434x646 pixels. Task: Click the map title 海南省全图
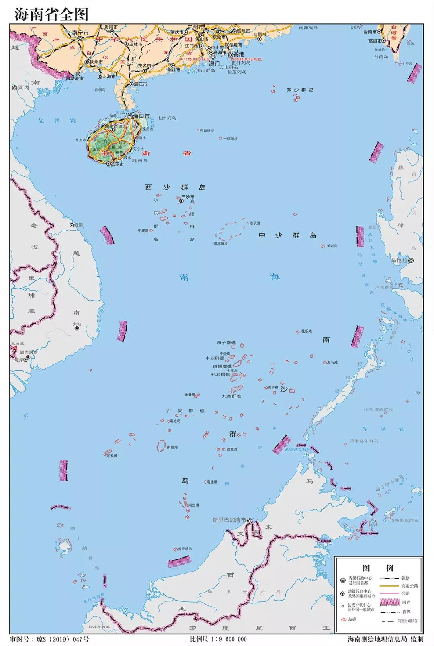pyautogui.click(x=51, y=14)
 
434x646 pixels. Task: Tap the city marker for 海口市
pyautogui.click(x=130, y=117)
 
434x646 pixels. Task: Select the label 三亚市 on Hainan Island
pyautogui.click(x=117, y=164)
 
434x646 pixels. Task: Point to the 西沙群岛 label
pyautogui.click(x=175, y=188)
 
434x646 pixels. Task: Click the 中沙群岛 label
pyautogui.click(x=287, y=235)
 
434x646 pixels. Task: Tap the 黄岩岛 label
pyautogui.click(x=332, y=246)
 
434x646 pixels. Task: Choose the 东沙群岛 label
pyautogui.click(x=300, y=90)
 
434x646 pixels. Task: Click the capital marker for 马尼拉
pyautogui.click(x=411, y=260)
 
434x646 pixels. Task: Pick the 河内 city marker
pyautogui.click(x=15, y=87)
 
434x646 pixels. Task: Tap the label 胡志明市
pyautogui.click(x=28, y=352)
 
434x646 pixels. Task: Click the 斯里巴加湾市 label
pyautogui.click(x=229, y=520)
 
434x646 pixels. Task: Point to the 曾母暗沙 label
pyautogui.click(x=185, y=549)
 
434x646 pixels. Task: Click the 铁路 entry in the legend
pyautogui.click(x=405, y=578)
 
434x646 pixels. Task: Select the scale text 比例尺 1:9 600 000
pyautogui.click(x=219, y=639)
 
